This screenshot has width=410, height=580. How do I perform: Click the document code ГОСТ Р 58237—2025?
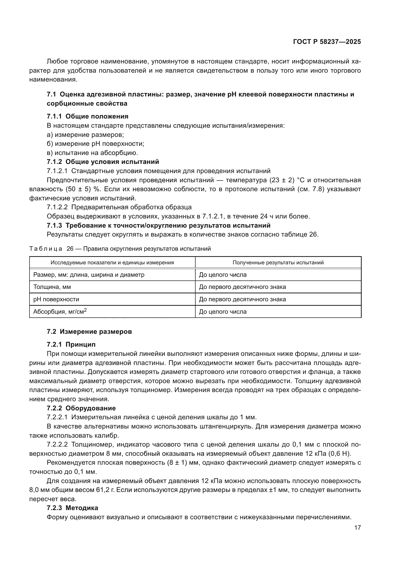pos(327,42)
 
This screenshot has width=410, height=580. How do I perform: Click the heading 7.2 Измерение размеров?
pos(89,332)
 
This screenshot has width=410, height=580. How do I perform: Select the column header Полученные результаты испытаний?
pos(278,262)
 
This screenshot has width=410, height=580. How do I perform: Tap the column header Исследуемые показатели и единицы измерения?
pos(112,262)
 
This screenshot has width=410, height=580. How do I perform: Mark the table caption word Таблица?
pos(46,249)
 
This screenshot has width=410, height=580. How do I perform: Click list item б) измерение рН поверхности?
pos(95,144)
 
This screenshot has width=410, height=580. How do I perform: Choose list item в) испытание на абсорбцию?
pos(92,153)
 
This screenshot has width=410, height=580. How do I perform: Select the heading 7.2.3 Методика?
pos(72,508)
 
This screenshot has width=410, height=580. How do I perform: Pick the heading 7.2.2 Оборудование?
pos(81,408)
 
